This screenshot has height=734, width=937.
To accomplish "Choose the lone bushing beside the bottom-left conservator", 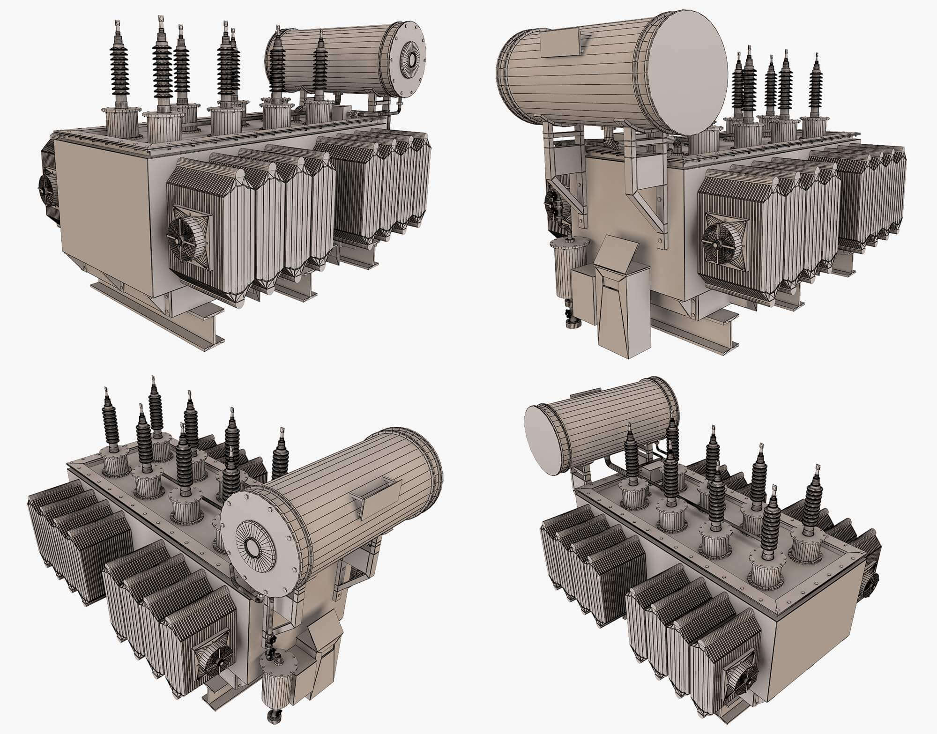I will [x=281, y=454].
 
